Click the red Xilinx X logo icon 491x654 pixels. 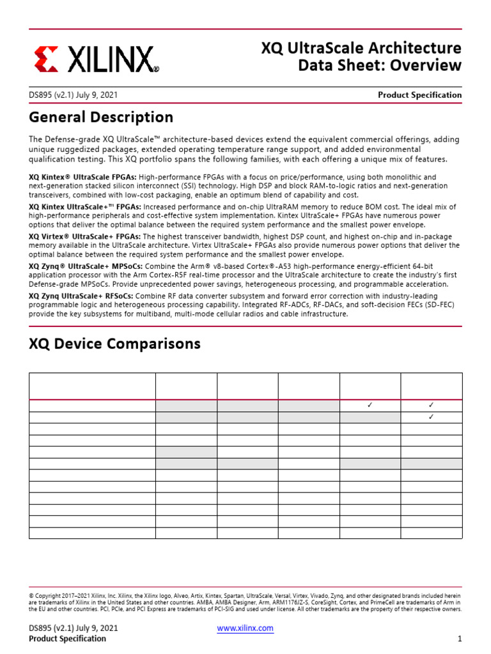[x=45, y=58]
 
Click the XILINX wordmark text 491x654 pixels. [x=109, y=59]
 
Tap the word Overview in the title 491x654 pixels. [x=426, y=65]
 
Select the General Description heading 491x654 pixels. [x=101, y=118]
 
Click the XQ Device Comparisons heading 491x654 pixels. [x=114, y=344]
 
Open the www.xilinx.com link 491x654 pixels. [x=245, y=628]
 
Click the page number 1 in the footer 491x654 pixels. [x=459, y=639]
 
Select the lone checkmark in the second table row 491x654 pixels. [x=431, y=417]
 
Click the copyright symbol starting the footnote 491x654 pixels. [x=32, y=594]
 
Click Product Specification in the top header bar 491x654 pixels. [x=419, y=95]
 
